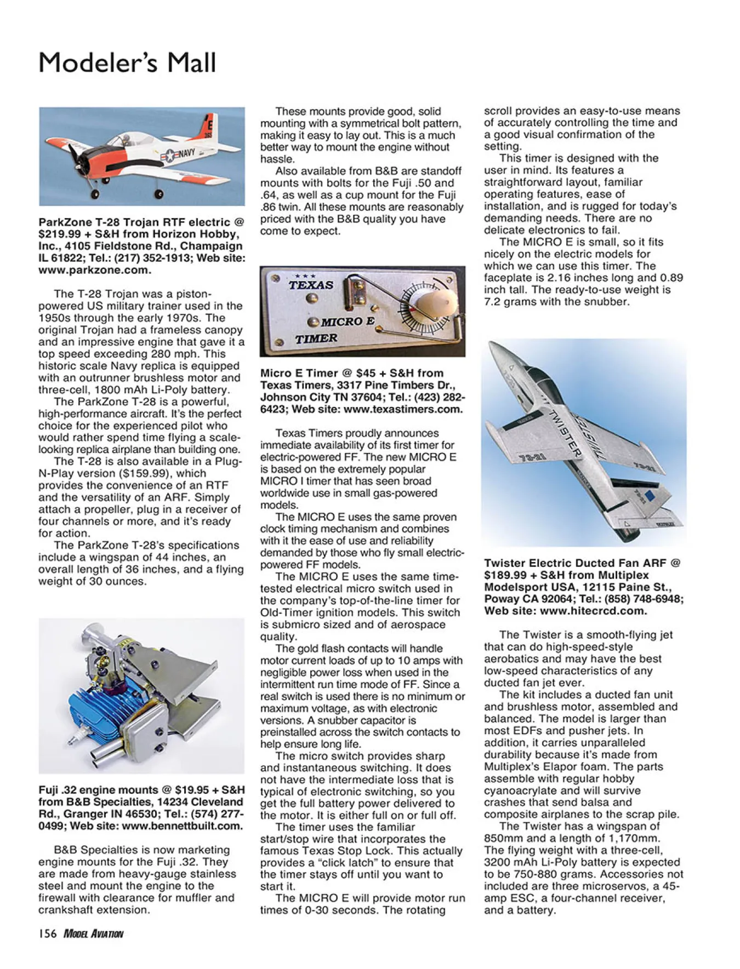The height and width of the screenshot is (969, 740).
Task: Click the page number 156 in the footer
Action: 47,933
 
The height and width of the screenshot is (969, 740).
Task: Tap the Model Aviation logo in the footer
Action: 93,934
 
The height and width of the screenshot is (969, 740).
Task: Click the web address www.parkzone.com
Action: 94,270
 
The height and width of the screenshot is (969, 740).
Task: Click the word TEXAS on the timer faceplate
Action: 311,285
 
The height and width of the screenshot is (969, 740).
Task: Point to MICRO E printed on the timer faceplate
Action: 348,322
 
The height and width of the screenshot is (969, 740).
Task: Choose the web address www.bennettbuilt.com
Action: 181,826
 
